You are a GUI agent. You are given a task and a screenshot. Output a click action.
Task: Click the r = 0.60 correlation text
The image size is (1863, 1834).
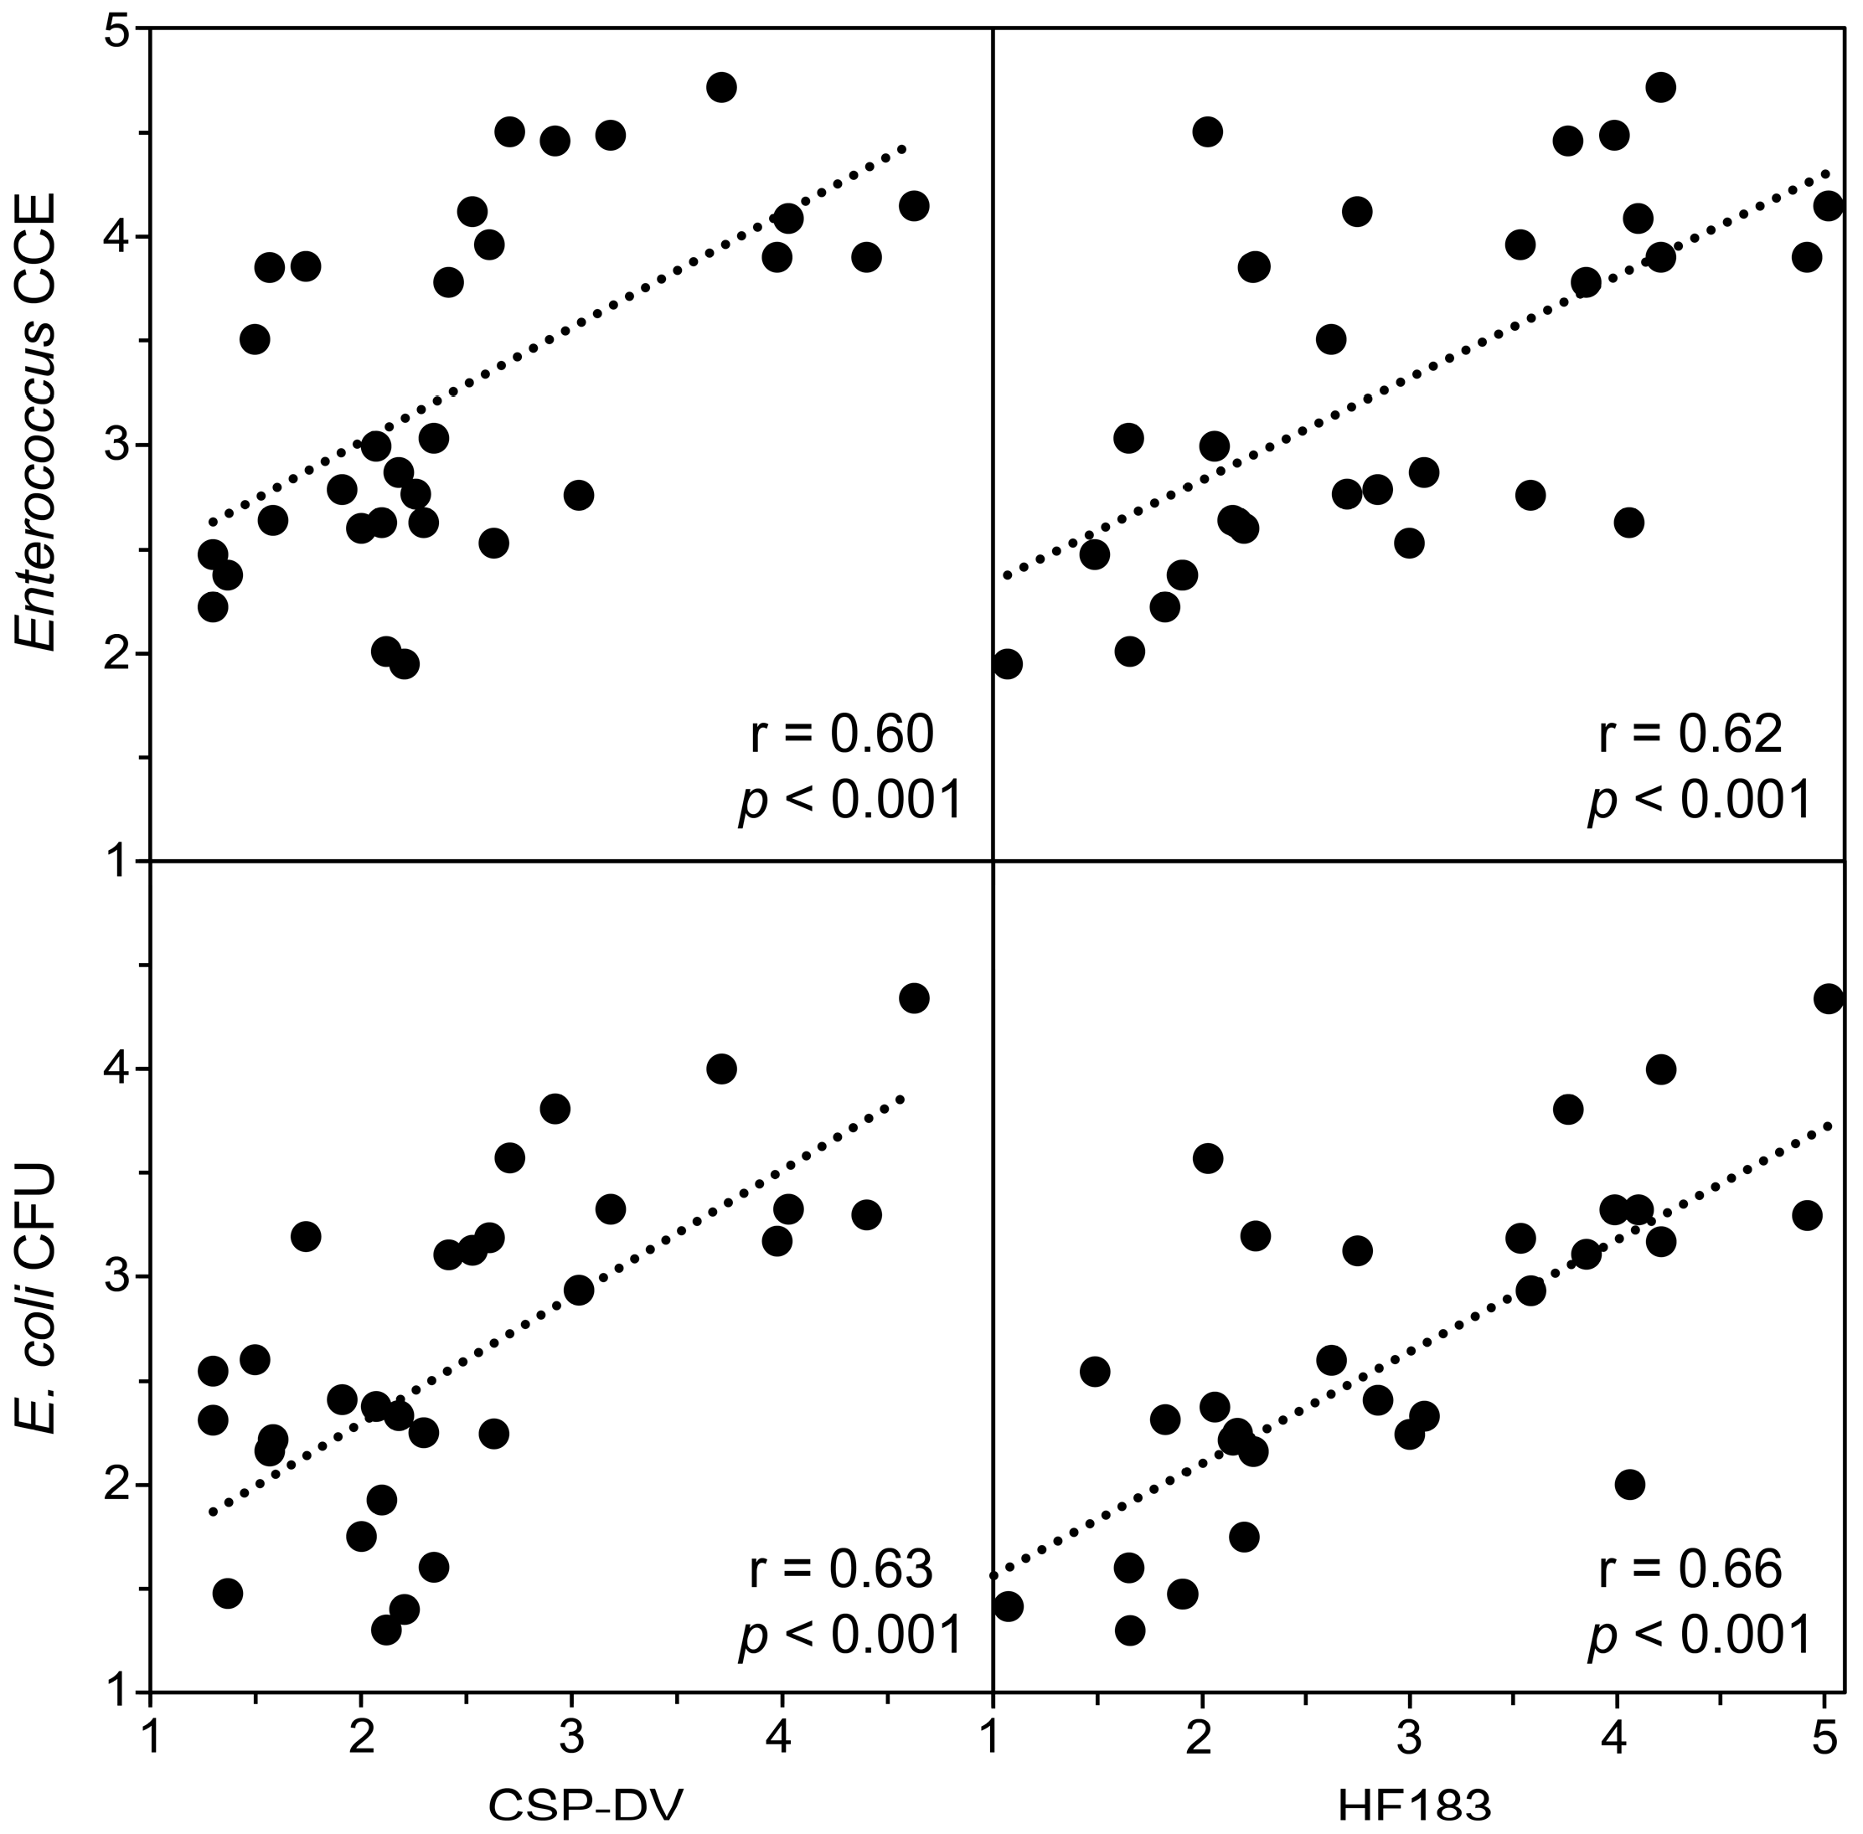tap(841, 735)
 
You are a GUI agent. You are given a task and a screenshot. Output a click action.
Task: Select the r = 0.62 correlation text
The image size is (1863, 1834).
tap(1690, 735)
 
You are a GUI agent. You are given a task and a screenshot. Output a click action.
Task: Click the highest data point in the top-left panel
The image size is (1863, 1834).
tap(720, 88)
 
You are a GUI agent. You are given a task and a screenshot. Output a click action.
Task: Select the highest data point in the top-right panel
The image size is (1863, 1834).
tap(1659, 88)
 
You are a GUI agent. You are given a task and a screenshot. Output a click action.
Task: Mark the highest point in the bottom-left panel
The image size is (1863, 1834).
tap(913, 999)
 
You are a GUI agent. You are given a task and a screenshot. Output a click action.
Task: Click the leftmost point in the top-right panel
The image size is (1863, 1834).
tap(1006, 663)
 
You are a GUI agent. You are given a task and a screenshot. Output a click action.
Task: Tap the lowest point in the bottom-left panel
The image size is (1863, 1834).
tap(386, 1630)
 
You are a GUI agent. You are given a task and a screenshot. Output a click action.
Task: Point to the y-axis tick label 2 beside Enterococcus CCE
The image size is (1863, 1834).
tap(117, 653)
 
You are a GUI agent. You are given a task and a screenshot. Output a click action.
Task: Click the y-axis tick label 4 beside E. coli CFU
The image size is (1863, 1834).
tap(117, 1069)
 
